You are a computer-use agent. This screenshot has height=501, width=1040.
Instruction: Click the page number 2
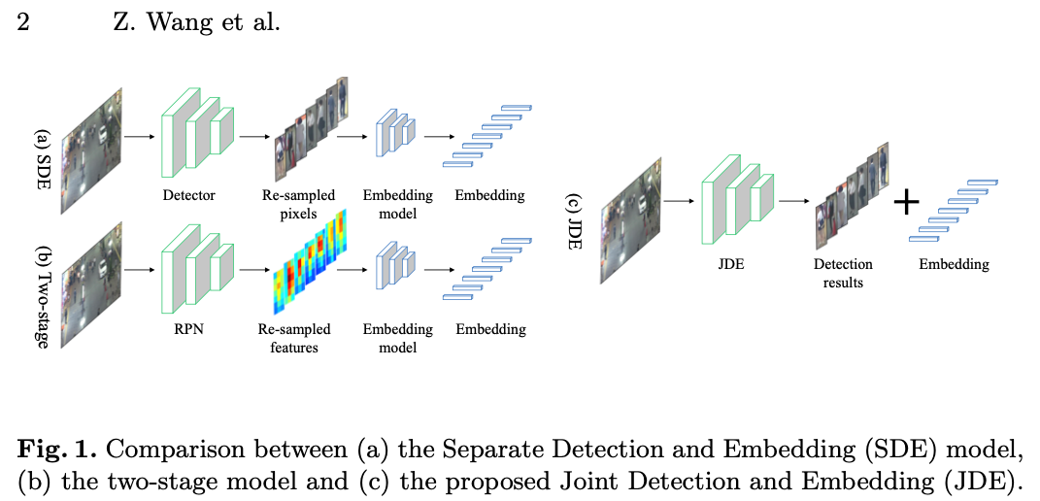pyautogui.click(x=22, y=22)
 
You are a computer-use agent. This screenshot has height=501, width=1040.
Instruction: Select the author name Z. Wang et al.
pyautogui.click(x=196, y=22)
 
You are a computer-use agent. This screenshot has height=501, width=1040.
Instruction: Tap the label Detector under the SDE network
pyautogui.click(x=189, y=195)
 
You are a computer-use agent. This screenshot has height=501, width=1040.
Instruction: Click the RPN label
pyautogui.click(x=189, y=328)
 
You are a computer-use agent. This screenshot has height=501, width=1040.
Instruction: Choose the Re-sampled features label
pyautogui.click(x=294, y=337)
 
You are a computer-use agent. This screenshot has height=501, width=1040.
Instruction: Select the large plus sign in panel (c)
pyautogui.click(x=906, y=202)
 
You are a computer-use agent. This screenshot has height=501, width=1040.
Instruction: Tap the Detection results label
pyautogui.click(x=842, y=273)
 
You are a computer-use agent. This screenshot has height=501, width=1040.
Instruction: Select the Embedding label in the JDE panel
pyautogui.click(x=954, y=264)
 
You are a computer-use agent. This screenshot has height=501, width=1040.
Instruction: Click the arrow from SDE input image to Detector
pyautogui.click(x=138, y=136)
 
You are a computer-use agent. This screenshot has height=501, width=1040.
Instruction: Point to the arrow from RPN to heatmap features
pyautogui.click(x=253, y=270)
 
